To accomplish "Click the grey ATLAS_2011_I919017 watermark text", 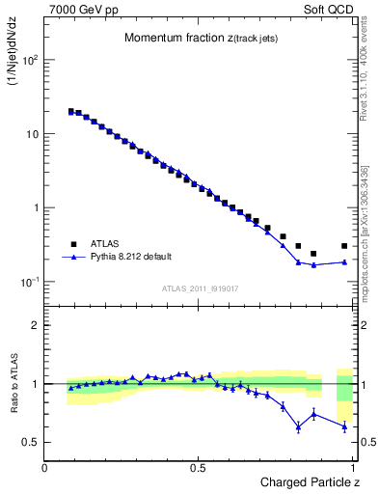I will click(x=202, y=288).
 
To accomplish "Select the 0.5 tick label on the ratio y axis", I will click(x=30, y=442).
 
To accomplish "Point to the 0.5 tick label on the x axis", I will click(x=198, y=468).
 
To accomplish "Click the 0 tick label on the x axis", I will click(x=45, y=468).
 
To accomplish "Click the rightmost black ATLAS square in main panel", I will click(x=344, y=246).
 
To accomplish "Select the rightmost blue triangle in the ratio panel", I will click(x=344, y=426).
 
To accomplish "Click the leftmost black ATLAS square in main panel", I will click(x=71, y=111).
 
